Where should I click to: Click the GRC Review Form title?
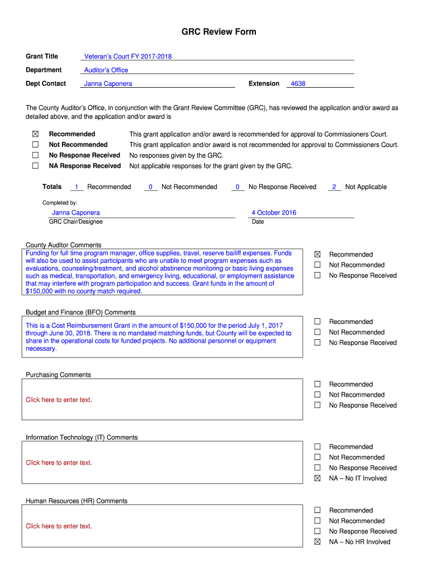point(218,32)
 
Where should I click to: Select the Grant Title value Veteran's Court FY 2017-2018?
point(128,56)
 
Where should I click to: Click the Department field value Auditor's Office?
point(106,70)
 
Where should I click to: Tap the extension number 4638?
point(298,84)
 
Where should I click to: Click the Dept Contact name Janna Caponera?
point(108,84)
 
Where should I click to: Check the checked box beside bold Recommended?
point(35,134)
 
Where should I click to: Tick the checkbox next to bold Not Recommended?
point(35,145)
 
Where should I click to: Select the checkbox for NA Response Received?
point(35,166)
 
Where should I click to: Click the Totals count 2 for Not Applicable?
point(334,187)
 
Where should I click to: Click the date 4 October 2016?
point(274,213)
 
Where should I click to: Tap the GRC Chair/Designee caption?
point(76,221)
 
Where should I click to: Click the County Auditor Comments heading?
point(64,245)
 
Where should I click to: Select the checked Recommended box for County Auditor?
point(318,254)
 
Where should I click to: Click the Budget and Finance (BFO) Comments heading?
point(81,312)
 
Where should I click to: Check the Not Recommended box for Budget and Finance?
point(318,332)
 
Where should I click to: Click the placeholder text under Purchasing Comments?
point(59,400)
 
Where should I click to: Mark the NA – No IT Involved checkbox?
point(318,478)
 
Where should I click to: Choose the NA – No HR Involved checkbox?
point(318,542)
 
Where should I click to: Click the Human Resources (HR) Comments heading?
point(77,501)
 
